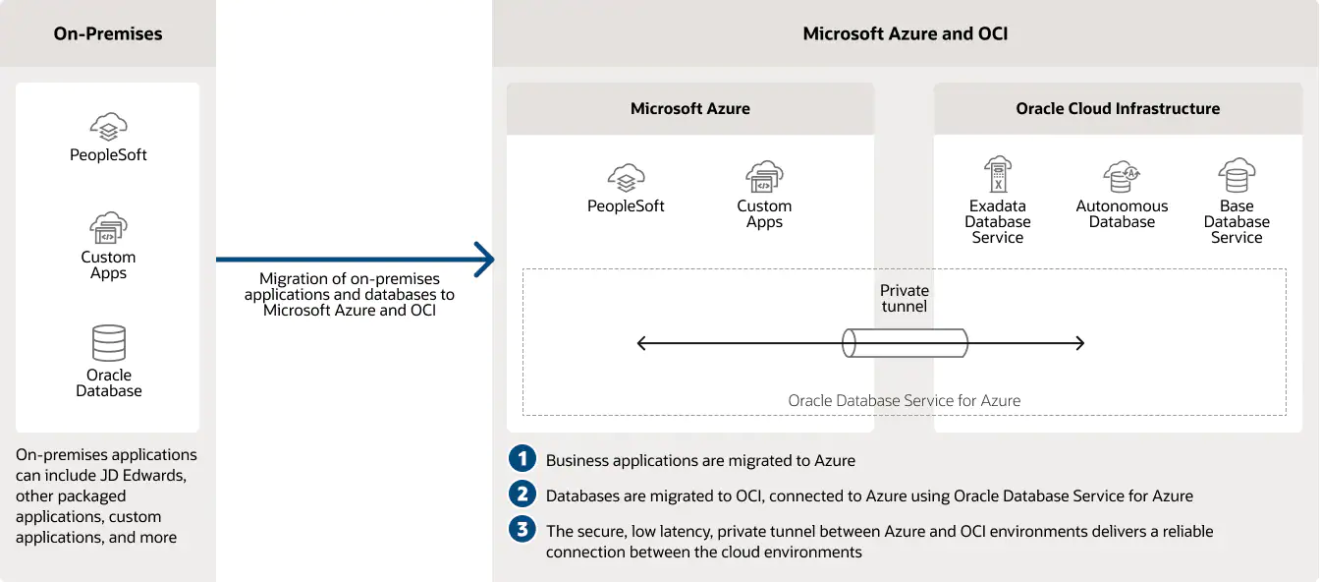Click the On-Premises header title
click(108, 33)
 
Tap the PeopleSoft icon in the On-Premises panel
click(108, 127)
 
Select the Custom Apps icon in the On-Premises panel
click(108, 228)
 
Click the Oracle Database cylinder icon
click(108, 343)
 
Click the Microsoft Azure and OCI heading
click(905, 33)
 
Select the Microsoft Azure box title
click(689, 109)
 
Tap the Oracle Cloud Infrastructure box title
click(1118, 109)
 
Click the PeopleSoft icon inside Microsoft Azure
click(626, 178)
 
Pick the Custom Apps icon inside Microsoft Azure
click(764, 178)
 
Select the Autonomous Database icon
click(1122, 177)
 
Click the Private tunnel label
click(904, 298)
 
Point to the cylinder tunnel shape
click(905, 343)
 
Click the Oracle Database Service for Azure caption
click(904, 401)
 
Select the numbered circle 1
click(522, 459)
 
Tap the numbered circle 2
click(522, 495)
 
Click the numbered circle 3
click(522, 530)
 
